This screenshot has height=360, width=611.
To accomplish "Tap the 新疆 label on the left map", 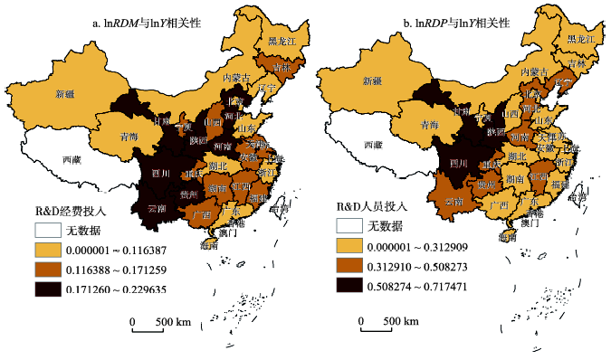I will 65,93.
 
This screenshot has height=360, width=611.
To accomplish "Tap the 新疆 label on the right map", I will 373,81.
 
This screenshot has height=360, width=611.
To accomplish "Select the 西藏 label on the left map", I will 71,159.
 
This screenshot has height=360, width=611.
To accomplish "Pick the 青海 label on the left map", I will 129,137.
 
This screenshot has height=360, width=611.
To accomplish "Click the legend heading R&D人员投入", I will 371,206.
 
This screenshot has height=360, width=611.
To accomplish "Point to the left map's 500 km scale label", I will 170,321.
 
